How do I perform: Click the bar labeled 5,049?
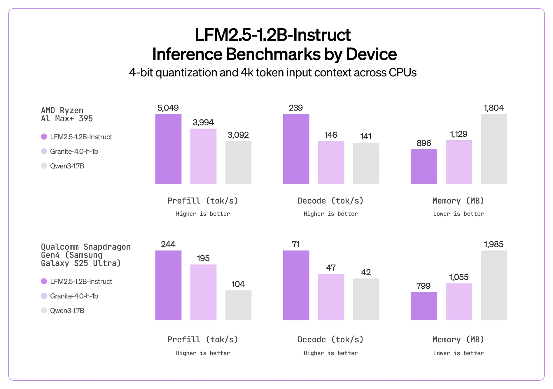click(168, 149)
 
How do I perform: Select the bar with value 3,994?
click(203, 156)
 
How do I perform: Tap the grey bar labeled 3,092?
click(238, 162)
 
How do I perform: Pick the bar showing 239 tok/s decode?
click(296, 149)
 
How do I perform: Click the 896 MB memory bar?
click(424, 167)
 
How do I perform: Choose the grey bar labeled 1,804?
click(494, 149)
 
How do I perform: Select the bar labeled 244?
click(168, 285)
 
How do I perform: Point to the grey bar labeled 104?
click(238, 305)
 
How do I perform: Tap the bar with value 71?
click(296, 285)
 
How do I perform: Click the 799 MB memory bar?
click(424, 306)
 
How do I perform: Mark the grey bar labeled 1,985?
click(494, 285)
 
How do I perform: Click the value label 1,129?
click(459, 134)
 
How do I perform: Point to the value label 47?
click(331, 268)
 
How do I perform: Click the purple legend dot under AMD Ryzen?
click(44, 137)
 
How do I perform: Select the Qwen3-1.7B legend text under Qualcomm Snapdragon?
click(67, 311)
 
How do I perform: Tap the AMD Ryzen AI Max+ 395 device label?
click(67, 115)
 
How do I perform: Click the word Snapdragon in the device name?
click(107, 247)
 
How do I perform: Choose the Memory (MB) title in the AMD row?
click(458, 201)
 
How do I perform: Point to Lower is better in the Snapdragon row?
click(458, 353)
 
